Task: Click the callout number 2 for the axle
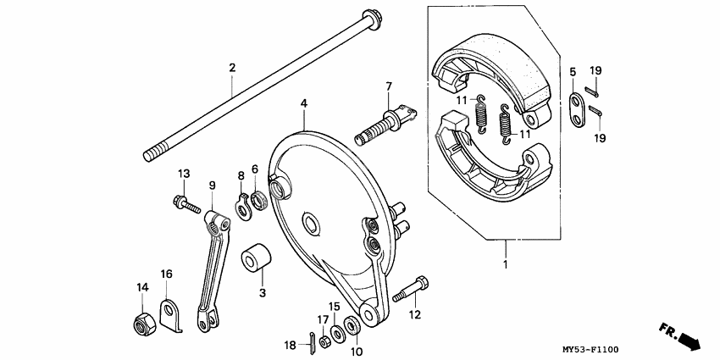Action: tap(231, 67)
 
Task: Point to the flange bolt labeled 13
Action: tap(184, 204)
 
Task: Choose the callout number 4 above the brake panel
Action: tap(302, 104)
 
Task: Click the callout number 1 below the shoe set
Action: tap(507, 266)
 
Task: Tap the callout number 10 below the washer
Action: tap(356, 352)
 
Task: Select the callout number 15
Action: tap(335, 306)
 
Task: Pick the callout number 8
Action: tap(241, 176)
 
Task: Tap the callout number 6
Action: tap(254, 169)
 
